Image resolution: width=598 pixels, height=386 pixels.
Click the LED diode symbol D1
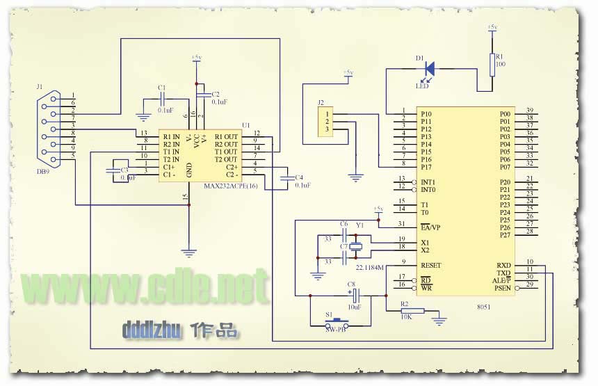click(429, 68)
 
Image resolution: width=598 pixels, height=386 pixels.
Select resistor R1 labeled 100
click(493, 63)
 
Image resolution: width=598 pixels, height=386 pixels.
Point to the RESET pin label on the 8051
click(431, 266)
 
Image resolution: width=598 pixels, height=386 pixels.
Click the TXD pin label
click(503, 273)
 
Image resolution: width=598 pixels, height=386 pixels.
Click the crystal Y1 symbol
click(356, 243)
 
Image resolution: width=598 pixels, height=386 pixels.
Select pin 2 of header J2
click(327, 121)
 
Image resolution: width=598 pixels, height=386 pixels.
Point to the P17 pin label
click(426, 167)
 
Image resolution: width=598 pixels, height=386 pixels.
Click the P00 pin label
click(505, 113)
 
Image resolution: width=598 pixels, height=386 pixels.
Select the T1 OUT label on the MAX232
click(226, 152)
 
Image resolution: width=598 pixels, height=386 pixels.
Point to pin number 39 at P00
click(530, 111)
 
